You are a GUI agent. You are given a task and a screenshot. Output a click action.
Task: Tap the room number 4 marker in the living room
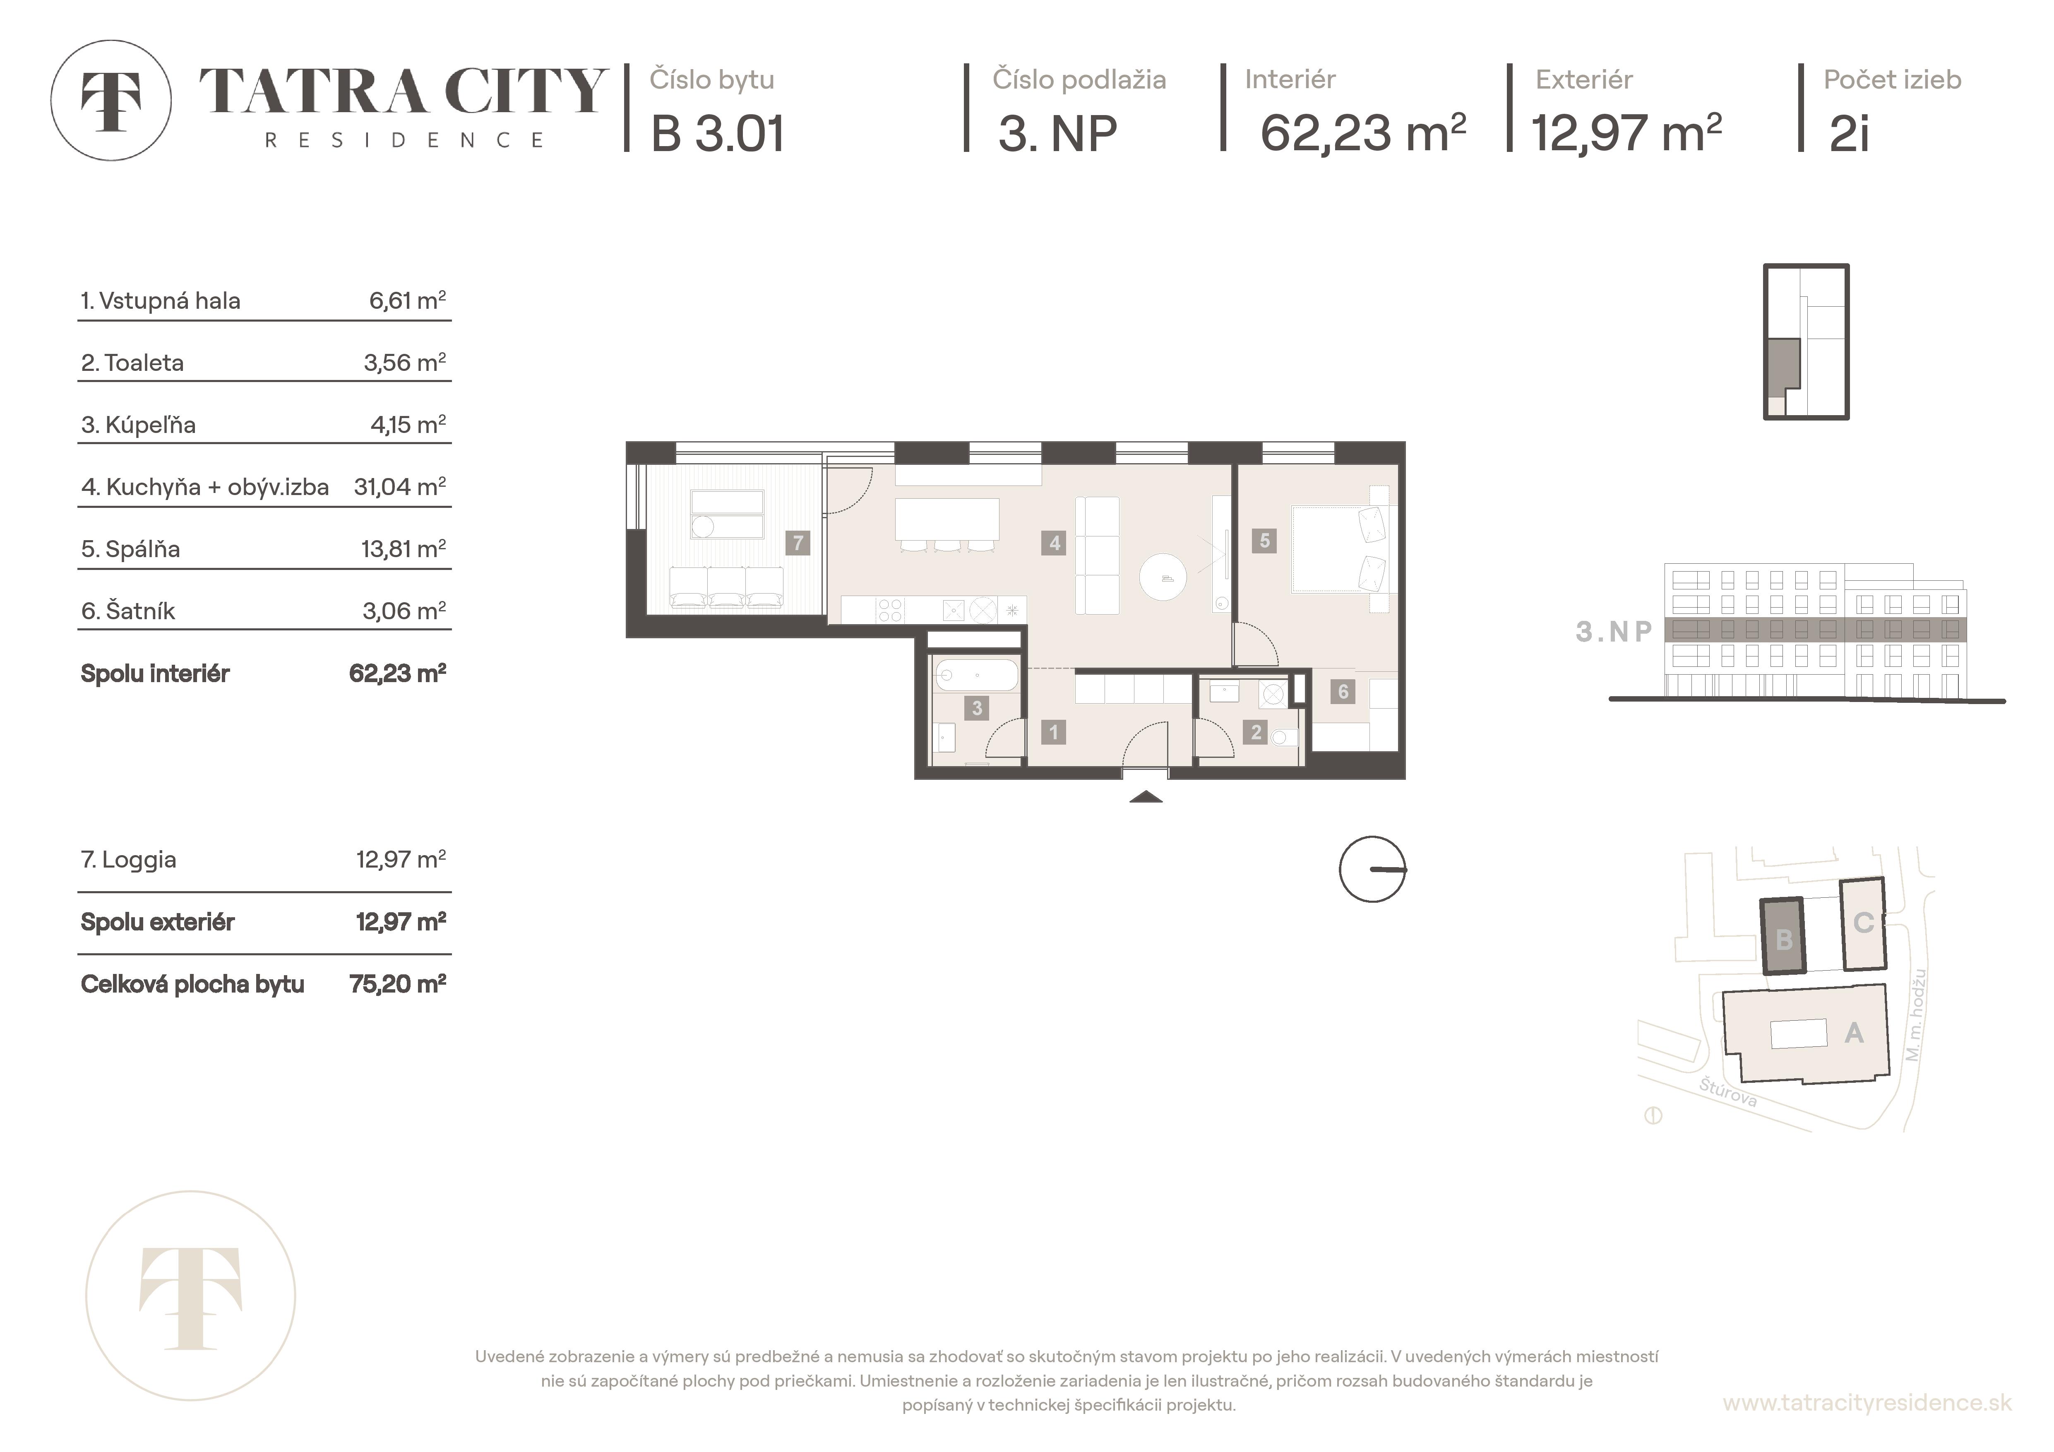click(1054, 542)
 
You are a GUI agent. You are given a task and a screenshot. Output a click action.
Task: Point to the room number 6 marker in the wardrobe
click(1342, 692)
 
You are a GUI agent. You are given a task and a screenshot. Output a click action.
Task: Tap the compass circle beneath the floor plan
click(1372, 869)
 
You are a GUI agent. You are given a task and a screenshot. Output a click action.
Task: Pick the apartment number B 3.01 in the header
click(718, 133)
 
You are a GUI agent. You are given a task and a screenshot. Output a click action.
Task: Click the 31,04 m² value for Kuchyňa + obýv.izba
click(399, 487)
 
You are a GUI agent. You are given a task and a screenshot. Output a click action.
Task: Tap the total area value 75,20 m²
click(397, 984)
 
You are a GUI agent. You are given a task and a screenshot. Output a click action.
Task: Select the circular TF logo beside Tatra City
click(111, 100)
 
